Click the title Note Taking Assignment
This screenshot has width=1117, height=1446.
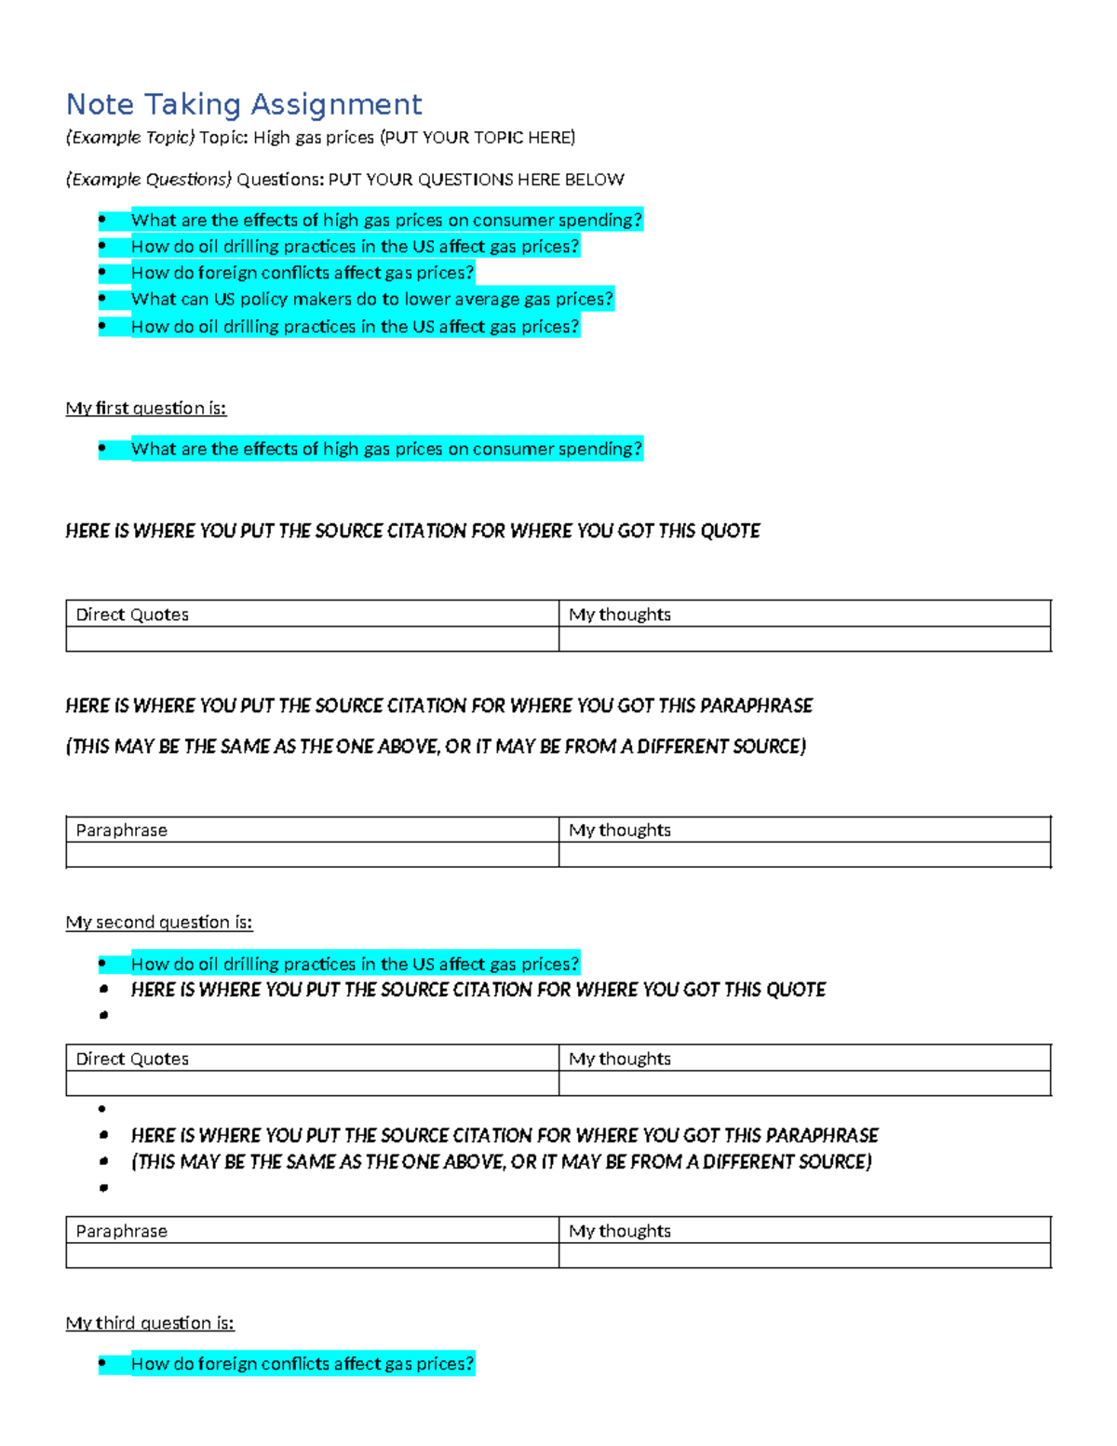(244, 103)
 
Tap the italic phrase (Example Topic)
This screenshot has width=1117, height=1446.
(130, 138)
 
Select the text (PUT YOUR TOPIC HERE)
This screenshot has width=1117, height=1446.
(478, 138)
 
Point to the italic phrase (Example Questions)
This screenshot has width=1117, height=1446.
(148, 179)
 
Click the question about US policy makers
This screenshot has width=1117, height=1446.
(372, 299)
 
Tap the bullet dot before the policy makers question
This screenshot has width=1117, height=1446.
(102, 299)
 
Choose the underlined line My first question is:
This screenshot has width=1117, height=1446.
(146, 408)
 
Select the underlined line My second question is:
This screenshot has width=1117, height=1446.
(159, 922)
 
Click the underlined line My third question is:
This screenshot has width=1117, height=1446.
(150, 1322)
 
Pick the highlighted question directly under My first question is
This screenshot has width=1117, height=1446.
(386, 449)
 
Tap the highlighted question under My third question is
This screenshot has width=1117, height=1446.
(303, 1364)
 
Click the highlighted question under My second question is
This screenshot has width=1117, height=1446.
(355, 964)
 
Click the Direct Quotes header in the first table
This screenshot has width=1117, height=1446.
(132, 615)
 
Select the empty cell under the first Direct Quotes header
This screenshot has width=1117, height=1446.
(312, 639)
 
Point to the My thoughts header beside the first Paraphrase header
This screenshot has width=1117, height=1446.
(620, 830)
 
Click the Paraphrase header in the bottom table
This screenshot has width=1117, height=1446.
(122, 1231)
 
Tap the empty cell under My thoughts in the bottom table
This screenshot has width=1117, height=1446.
(804, 1255)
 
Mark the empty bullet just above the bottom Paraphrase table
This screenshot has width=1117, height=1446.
(103, 1188)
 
